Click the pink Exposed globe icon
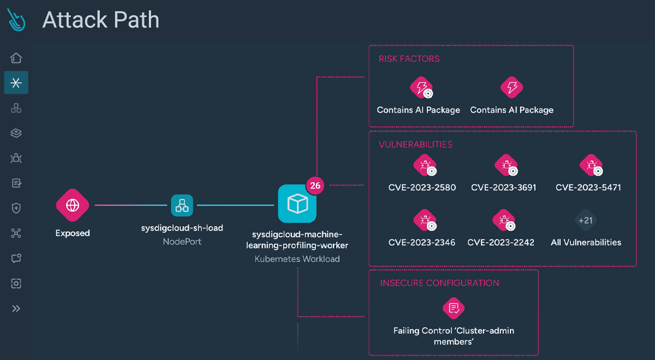pos(72,205)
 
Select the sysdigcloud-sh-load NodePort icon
pos(182,205)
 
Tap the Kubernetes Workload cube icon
pos(297,204)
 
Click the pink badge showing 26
pos(315,185)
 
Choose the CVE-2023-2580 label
pos(422,188)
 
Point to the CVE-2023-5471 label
pos(588,188)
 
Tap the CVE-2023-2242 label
pos(501,242)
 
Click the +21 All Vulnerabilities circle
pos(585,220)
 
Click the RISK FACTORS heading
pos(409,59)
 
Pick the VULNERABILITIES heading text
pos(415,145)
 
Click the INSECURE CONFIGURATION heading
pos(439,283)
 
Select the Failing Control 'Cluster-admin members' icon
pos(453,309)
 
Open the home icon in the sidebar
pos(16,58)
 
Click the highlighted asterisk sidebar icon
pos(16,83)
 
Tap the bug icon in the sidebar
pos(16,158)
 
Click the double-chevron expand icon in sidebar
pos(16,309)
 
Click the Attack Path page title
pos(101,20)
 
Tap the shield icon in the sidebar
pos(16,208)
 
